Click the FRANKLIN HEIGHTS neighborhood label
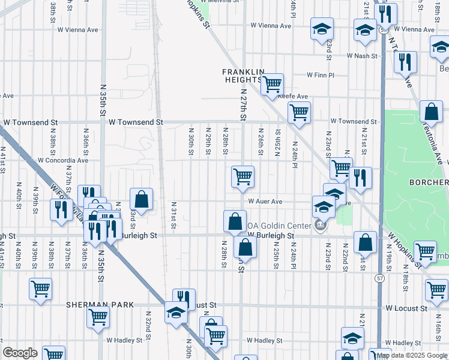244,76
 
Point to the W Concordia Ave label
62,161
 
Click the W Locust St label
406,308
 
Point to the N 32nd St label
148,325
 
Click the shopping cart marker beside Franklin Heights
272,83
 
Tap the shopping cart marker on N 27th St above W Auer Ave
243,176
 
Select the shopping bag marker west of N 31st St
141,199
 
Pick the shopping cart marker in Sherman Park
98,316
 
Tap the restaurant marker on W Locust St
184,298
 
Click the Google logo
20,353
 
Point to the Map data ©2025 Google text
412,356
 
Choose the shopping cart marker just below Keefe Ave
298,112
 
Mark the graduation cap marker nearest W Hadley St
352,337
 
